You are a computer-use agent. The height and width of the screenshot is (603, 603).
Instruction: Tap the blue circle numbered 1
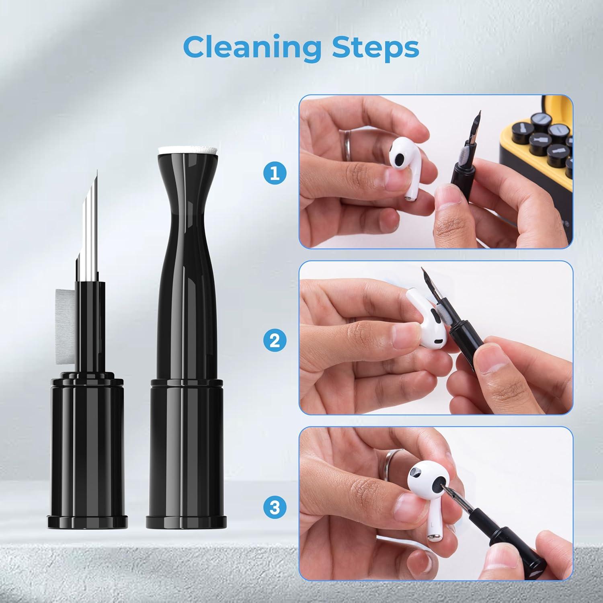click(275, 174)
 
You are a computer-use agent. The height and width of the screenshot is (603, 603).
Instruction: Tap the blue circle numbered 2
click(275, 341)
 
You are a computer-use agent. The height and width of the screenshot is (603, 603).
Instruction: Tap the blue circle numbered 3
click(275, 507)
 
